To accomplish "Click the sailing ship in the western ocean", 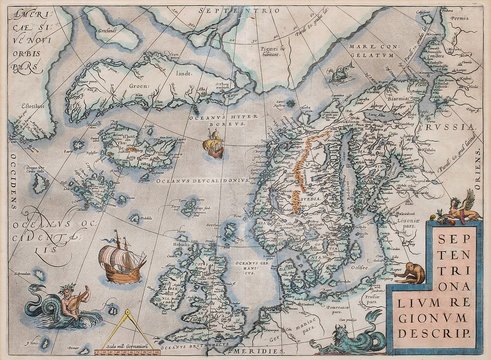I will coord(119,259).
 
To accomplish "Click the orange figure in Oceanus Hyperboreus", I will coord(211,147).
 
